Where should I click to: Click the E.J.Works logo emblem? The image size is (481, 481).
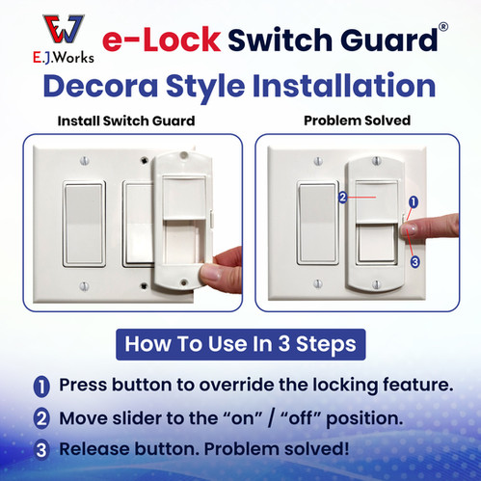tap(64, 29)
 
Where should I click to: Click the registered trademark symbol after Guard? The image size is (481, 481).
tap(443, 27)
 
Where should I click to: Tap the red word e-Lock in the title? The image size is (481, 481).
tap(162, 40)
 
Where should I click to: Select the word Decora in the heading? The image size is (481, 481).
tap(100, 86)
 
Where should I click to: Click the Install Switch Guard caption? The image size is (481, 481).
tap(126, 121)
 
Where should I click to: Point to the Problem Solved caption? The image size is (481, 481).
tap(358, 120)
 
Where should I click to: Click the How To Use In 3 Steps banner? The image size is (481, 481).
tap(241, 344)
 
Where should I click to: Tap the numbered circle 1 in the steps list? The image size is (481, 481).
tap(41, 387)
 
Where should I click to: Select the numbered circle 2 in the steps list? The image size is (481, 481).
tap(41, 418)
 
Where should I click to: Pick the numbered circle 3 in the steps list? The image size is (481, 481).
tap(41, 450)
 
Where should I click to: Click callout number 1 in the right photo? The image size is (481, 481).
tap(414, 202)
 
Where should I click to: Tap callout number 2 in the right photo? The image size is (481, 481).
tap(343, 198)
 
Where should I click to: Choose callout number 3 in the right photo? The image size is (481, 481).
tap(415, 262)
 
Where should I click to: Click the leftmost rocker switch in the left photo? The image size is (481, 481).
tap(84, 224)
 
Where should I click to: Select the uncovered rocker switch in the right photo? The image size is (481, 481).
tap(317, 223)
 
